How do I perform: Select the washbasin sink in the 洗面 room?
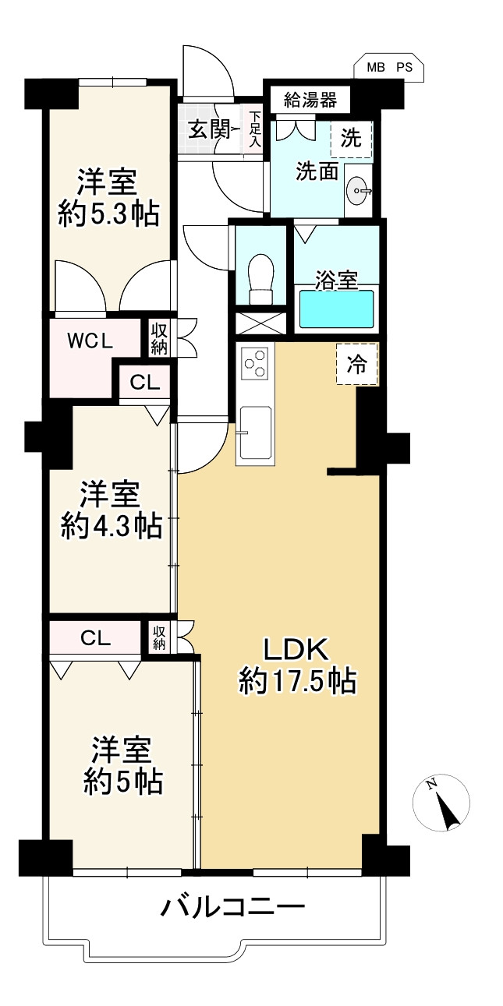[360, 188]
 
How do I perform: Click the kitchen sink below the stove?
[255, 432]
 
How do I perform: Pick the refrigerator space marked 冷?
[356, 365]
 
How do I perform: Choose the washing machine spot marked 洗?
[352, 140]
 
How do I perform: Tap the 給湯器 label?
[310, 99]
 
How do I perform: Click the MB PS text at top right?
[389, 68]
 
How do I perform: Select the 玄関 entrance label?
[208, 129]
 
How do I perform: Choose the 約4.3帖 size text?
[112, 527]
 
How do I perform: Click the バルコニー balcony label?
[232, 908]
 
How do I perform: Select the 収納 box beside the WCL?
[159, 337]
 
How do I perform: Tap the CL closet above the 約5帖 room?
[95, 638]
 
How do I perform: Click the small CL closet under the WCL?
[145, 383]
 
